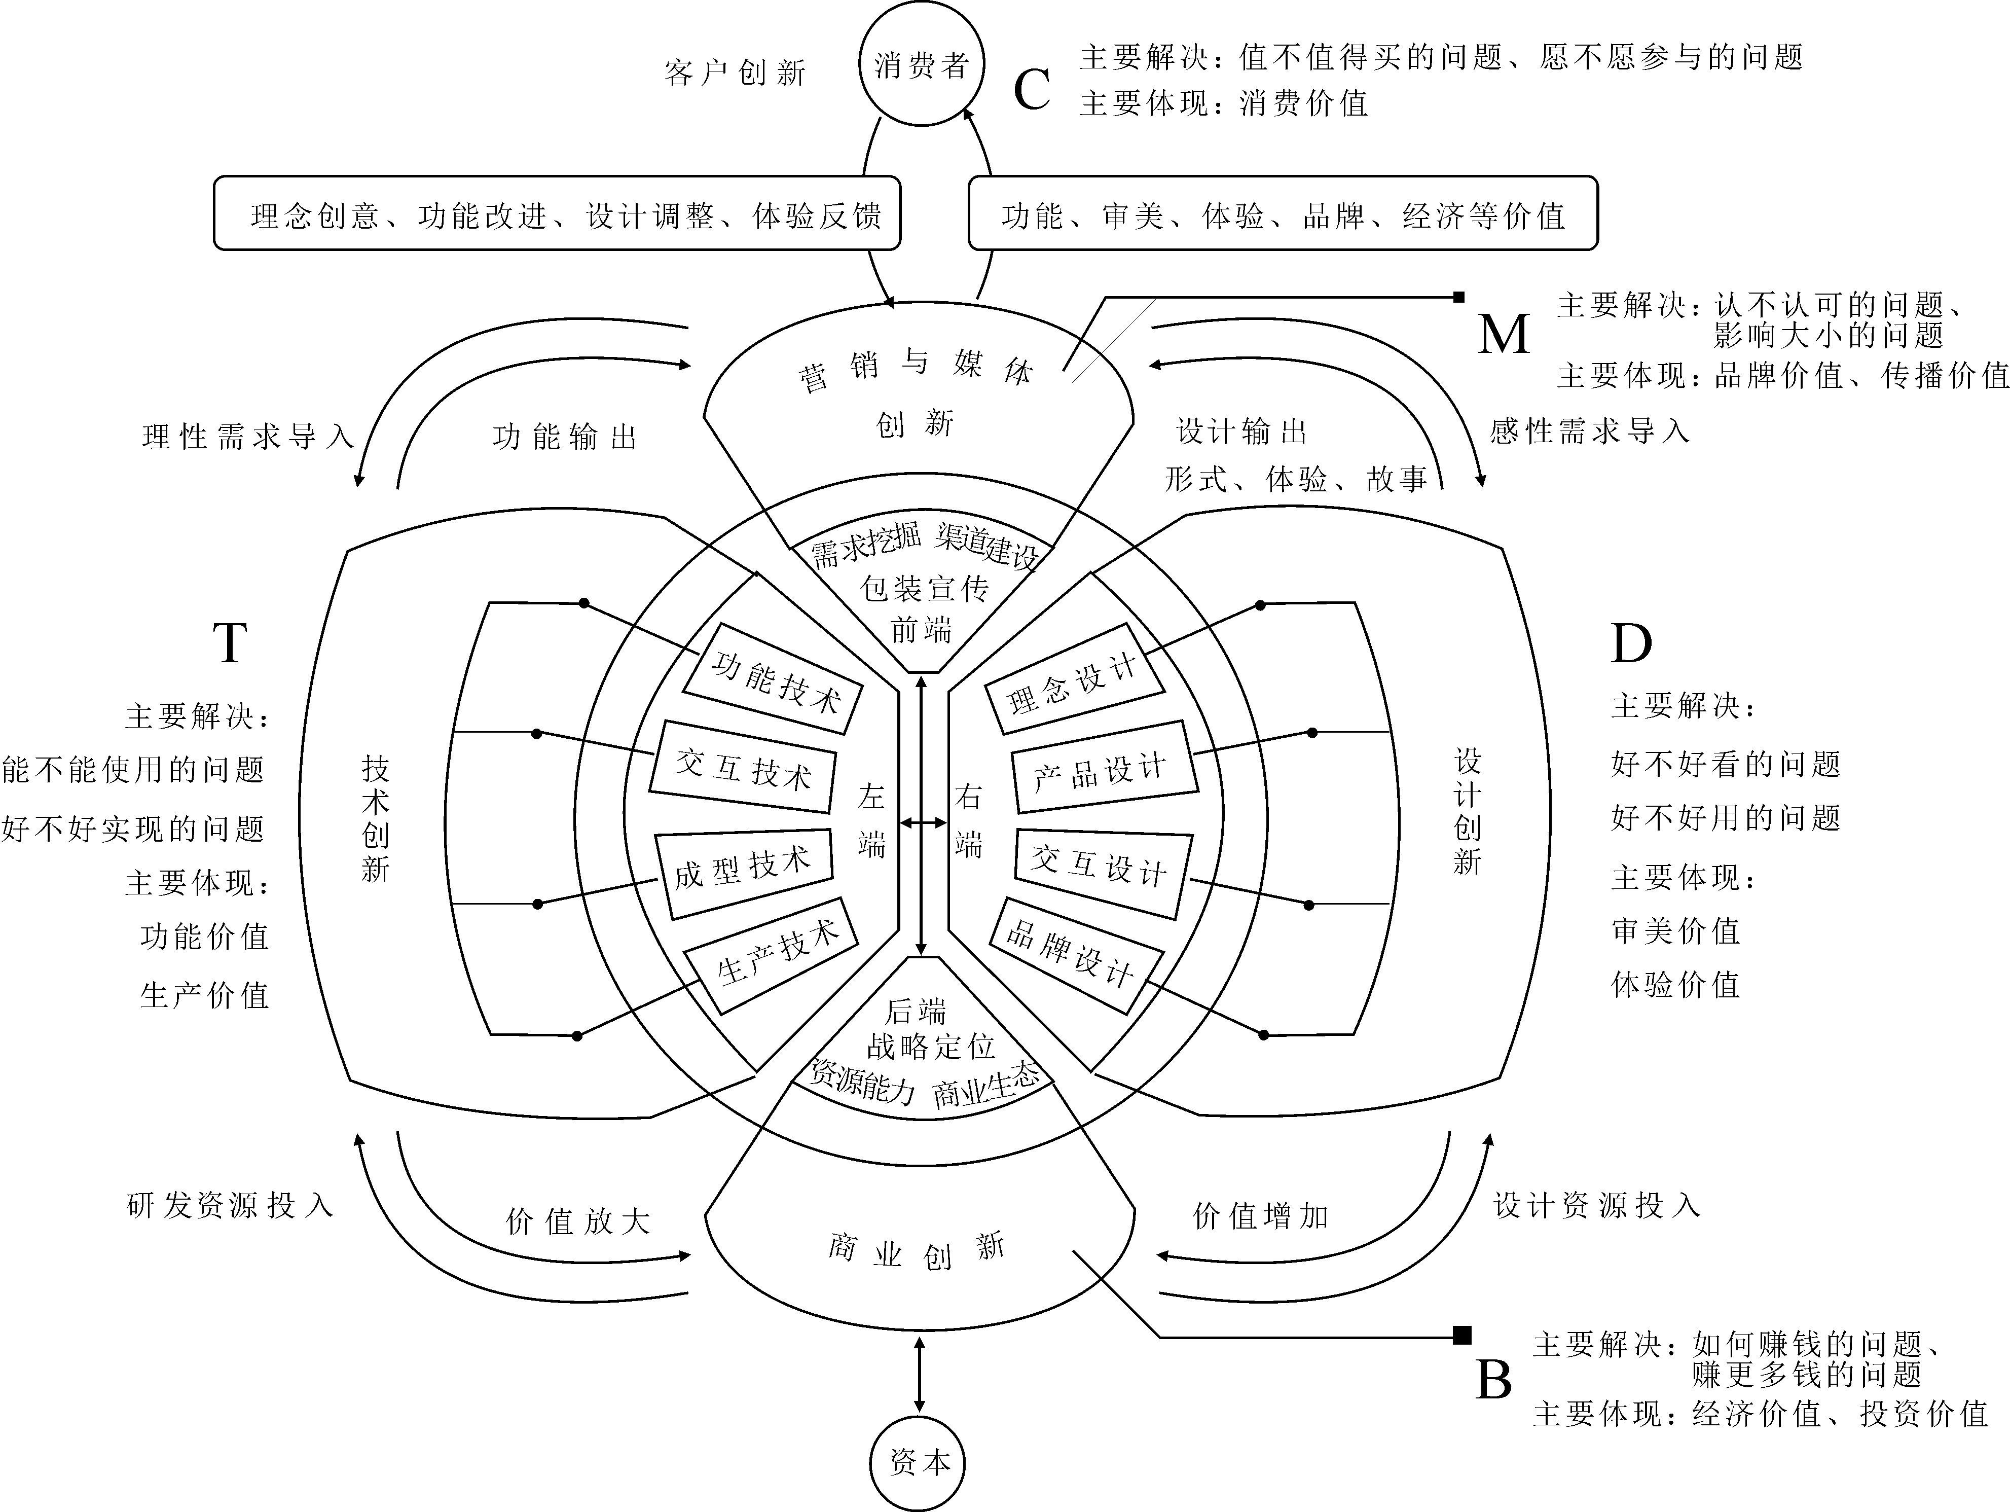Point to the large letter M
(1504, 334)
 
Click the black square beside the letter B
(1461, 1335)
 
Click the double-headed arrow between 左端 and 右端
(922, 822)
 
